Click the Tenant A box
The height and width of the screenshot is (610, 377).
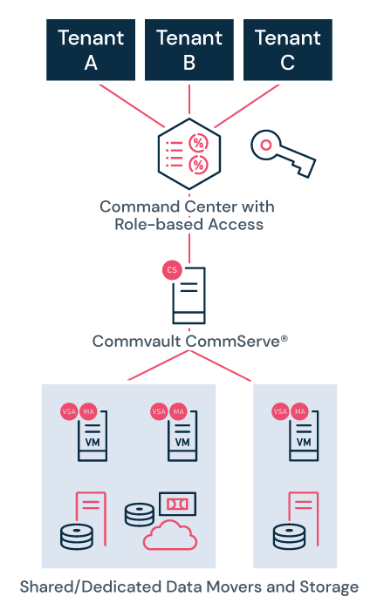click(x=91, y=51)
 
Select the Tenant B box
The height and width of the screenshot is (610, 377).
click(x=189, y=51)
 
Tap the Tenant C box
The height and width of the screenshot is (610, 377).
click(x=287, y=51)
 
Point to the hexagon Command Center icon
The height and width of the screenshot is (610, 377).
click(x=188, y=153)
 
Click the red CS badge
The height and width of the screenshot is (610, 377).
click(x=172, y=270)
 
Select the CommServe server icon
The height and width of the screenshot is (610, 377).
click(x=189, y=295)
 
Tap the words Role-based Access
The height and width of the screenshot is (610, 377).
click(x=188, y=224)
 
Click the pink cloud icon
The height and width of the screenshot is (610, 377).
click(x=171, y=536)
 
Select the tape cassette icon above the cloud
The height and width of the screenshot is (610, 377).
click(x=177, y=504)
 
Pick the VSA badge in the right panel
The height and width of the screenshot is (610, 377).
click(x=281, y=410)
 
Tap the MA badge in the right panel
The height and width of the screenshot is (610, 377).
click(x=300, y=410)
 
